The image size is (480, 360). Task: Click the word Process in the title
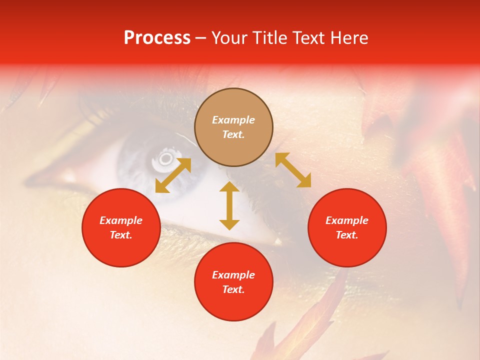157,38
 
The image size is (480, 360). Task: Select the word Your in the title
231,38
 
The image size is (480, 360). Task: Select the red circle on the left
121,227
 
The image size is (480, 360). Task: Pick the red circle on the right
347,227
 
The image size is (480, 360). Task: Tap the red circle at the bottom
233,282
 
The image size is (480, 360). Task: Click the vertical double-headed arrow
229,205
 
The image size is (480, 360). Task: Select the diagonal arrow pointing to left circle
173,175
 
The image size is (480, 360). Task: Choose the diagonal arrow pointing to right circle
293,170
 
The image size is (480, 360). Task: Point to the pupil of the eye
165,159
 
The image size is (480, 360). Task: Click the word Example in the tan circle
233,120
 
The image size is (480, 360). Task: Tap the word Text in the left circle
121,235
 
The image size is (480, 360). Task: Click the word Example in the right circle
347,220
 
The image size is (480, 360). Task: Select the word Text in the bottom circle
233,289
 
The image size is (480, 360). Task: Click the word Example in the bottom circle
233,275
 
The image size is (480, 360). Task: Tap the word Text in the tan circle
233,134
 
